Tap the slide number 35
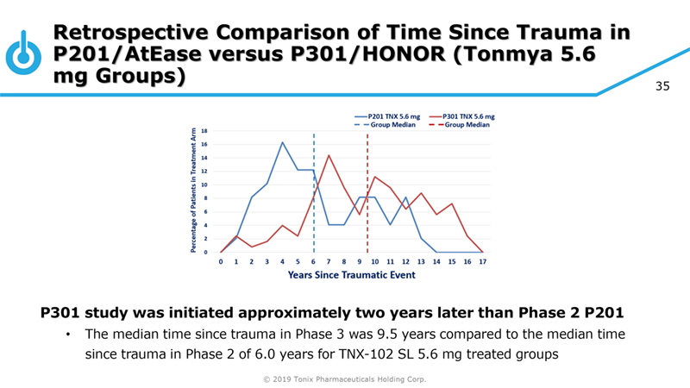(662, 86)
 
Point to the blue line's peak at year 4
(282, 142)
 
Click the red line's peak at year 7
(329, 155)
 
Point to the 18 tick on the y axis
(206, 130)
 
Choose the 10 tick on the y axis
(206, 185)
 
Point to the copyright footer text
(344, 379)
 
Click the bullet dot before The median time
(67, 335)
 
